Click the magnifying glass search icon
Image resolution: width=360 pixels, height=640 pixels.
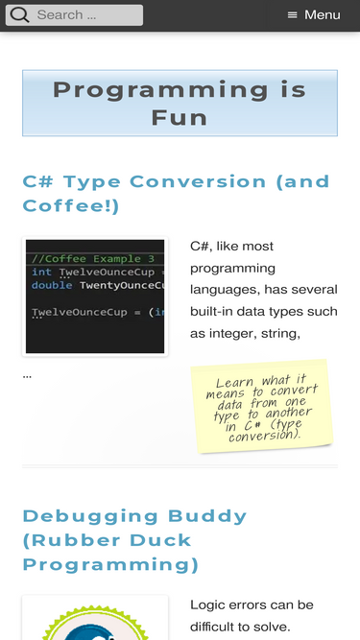tap(19, 15)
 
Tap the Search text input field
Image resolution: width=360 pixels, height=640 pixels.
tap(86, 15)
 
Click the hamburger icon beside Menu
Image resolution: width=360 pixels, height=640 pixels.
tap(293, 15)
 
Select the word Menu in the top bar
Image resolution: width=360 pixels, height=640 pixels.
tap(323, 15)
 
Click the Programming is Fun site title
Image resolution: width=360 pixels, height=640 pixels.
tap(180, 104)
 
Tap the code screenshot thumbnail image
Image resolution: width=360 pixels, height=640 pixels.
tap(95, 296)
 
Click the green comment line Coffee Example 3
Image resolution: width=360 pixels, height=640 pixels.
tap(93, 259)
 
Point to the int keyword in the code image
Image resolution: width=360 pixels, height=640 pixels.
tap(41, 273)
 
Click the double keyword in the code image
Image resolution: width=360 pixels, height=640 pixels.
tap(51, 286)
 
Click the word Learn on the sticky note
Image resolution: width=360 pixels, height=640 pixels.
tap(234, 383)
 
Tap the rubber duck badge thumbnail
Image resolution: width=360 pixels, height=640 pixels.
tap(95, 622)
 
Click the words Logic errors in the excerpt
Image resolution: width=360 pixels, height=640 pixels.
tap(229, 605)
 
